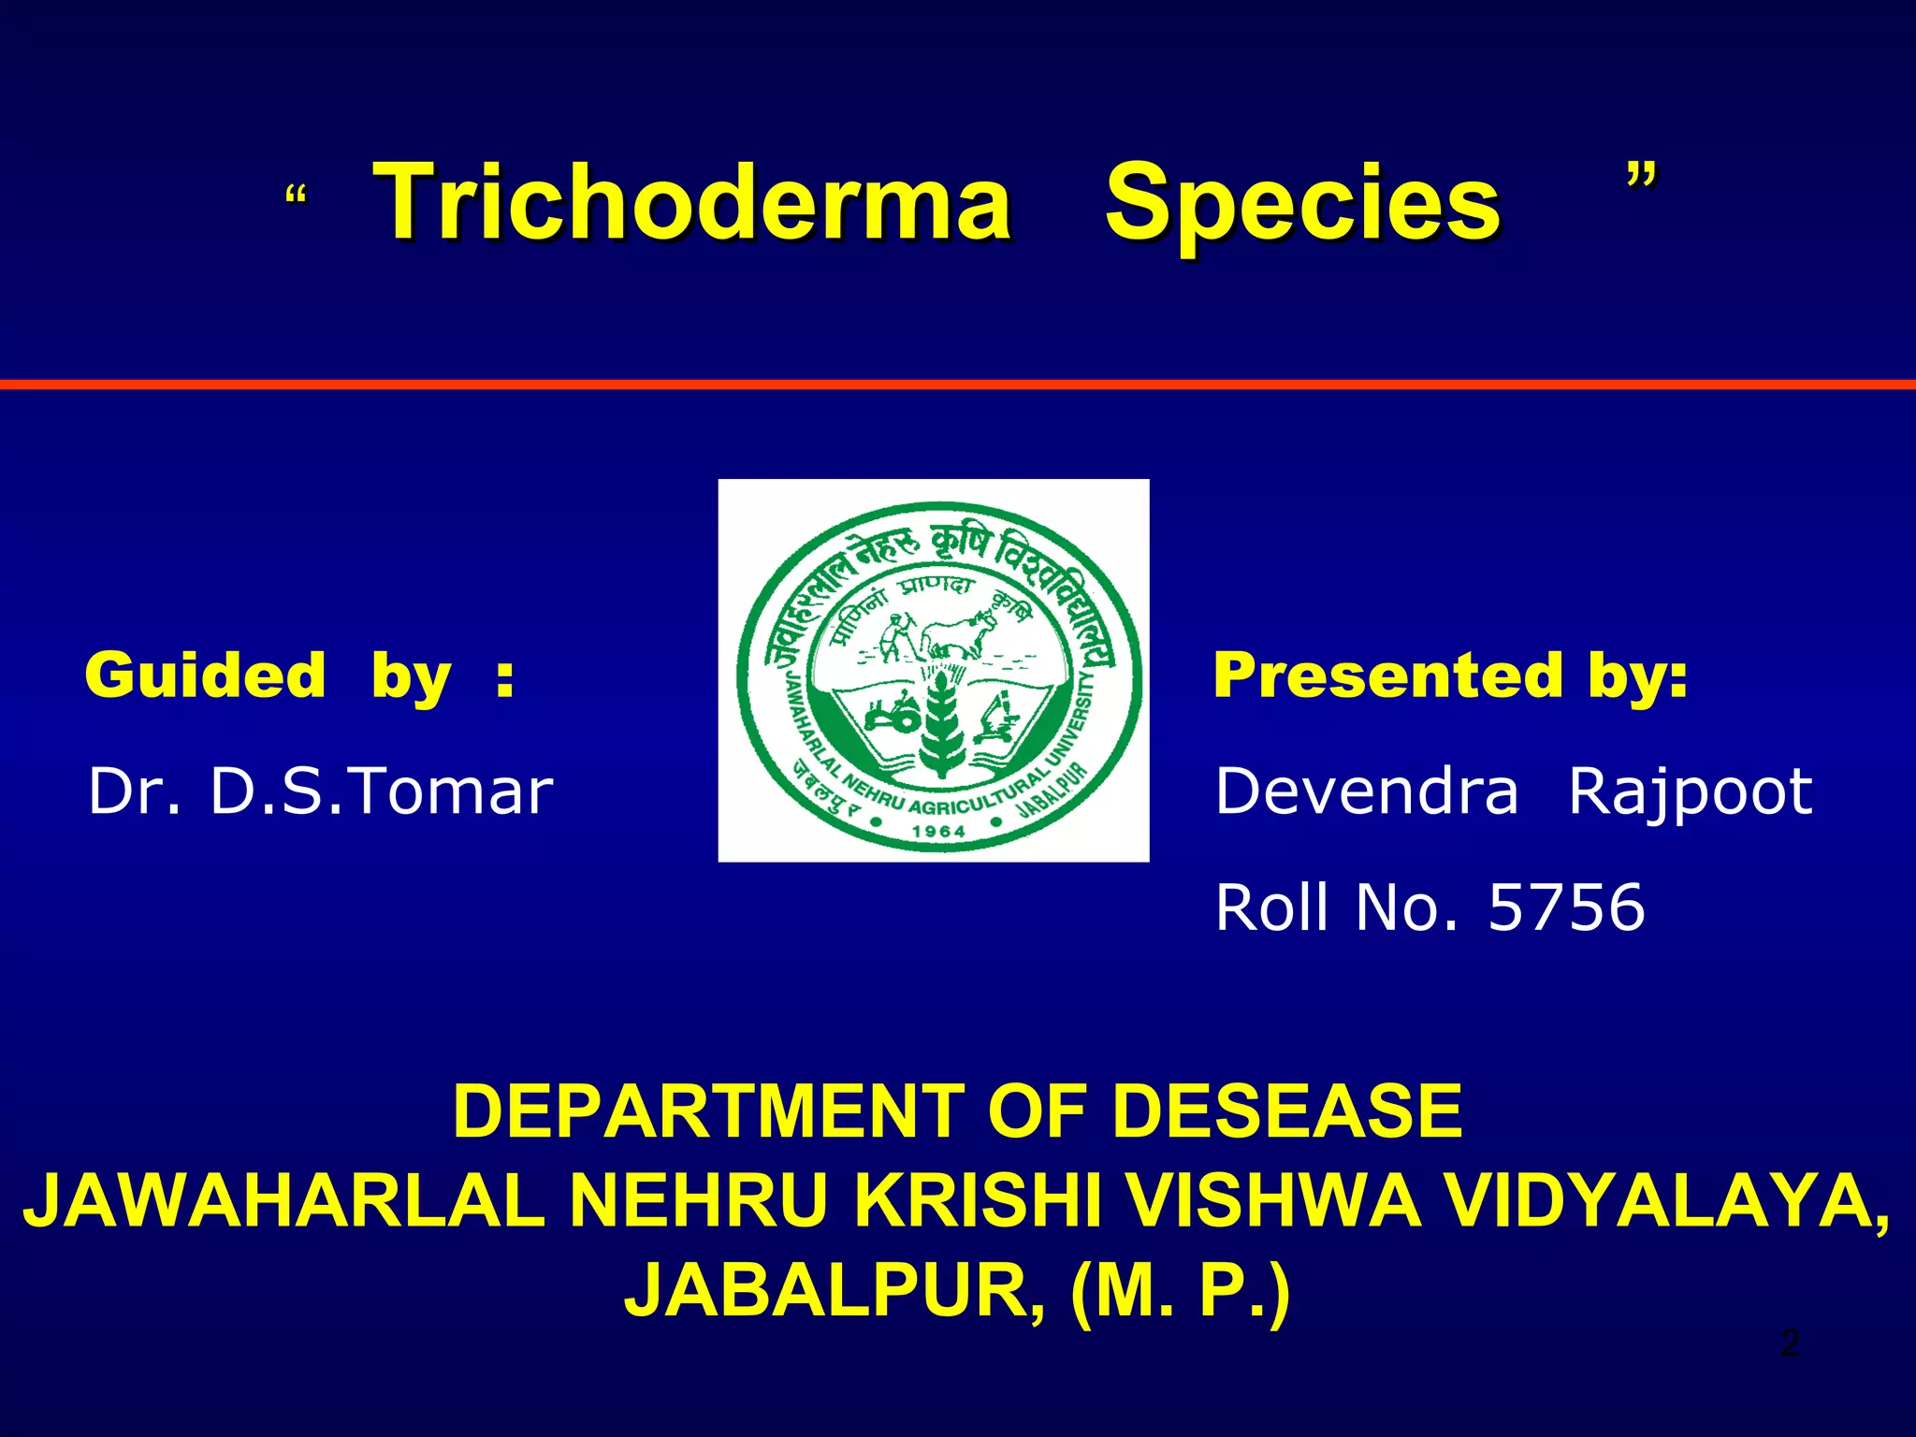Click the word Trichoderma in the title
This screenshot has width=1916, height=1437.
point(692,202)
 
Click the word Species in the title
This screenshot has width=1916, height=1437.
point(1302,202)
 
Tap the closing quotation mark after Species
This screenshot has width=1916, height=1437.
point(1641,176)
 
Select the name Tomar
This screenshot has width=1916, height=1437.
point(451,791)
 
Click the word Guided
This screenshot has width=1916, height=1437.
point(205,675)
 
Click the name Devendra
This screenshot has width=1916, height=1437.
point(1366,791)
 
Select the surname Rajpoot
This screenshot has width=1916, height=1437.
point(1690,791)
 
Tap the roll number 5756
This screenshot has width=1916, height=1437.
point(1565,907)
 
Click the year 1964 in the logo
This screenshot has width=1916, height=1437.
point(938,831)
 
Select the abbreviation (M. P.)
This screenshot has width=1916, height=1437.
point(1182,1291)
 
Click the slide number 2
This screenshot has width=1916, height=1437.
point(1790,1343)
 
